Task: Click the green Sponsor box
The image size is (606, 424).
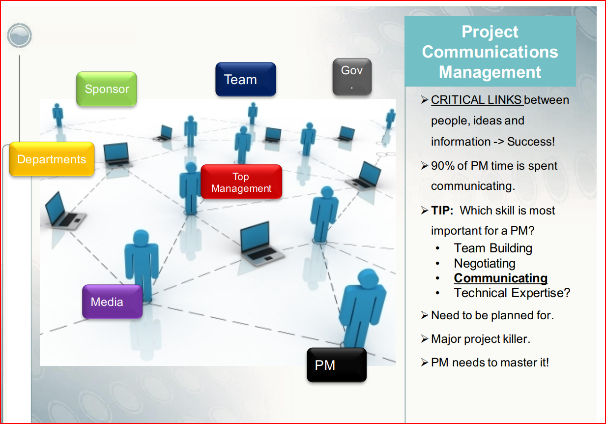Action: tap(107, 89)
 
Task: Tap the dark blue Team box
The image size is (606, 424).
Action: tap(246, 79)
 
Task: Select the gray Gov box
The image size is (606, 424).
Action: tap(352, 77)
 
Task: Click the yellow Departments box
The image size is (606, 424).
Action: tap(52, 159)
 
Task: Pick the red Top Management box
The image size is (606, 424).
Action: tap(241, 182)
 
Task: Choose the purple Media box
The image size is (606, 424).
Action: tap(112, 302)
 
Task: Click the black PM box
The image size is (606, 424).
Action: tap(337, 365)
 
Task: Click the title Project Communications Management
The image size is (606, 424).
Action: tap(490, 52)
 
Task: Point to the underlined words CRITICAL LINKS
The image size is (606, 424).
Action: tap(476, 100)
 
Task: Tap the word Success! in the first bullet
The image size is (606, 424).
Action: tap(531, 142)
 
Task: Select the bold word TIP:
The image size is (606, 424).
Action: tap(442, 211)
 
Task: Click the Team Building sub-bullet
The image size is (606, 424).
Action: tap(493, 248)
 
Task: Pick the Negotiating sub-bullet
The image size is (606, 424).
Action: tap(485, 264)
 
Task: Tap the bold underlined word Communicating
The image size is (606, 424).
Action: tap(501, 278)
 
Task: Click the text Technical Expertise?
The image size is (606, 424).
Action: tap(512, 293)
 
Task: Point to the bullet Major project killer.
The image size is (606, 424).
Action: tap(481, 339)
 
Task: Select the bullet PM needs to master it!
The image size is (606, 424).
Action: tap(490, 363)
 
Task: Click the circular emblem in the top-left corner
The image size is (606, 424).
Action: tap(19, 35)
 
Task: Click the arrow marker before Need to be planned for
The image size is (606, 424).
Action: tap(425, 315)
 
